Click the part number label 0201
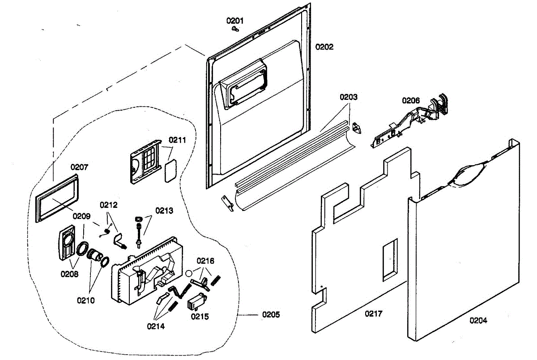pos(234,21)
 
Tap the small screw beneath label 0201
pos(235,29)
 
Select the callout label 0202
pos(324,47)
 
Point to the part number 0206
pos(411,100)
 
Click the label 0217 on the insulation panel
pos(374,313)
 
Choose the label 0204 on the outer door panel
pos(478,320)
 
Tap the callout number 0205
pos(271,314)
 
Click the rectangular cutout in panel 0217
pos(390,260)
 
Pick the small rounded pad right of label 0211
pos(170,171)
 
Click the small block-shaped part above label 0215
pos(197,302)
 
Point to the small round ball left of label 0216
pos(189,273)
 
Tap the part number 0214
pos(156,326)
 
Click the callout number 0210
pos(86,300)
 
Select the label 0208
pos(69,274)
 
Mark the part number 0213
pos(164,210)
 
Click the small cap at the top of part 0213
pos(139,219)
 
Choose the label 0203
pos(349,97)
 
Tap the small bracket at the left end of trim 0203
pos(227,203)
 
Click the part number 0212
pos(109,205)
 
